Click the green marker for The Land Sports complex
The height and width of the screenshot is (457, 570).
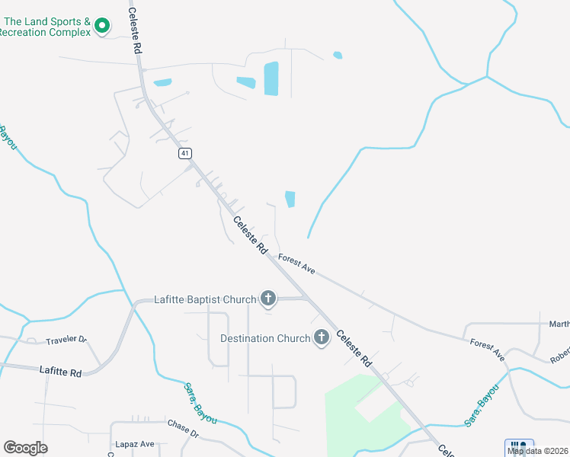102,27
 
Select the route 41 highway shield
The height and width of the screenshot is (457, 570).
185,153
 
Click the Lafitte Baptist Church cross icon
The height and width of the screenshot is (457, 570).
267,299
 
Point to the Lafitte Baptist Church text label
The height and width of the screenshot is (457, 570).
205,299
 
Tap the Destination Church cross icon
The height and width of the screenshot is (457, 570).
321,337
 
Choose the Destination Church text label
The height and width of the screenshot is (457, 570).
264,337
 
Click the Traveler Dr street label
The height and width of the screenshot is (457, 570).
66,340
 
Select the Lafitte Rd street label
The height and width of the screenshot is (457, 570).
60,372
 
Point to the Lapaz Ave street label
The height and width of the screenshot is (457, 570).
135,444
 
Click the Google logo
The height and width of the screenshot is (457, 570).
25,448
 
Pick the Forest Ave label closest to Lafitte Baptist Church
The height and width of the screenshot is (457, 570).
296,264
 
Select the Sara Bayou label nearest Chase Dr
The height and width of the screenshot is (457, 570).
200,403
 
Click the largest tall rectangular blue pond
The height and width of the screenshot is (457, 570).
271,78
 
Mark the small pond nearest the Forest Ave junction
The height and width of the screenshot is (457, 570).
290,200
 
